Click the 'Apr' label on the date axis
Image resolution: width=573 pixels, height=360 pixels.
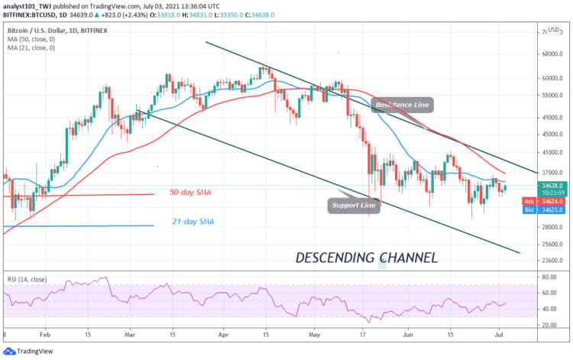click(x=222, y=334)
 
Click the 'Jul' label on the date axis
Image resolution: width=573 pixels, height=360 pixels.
click(x=497, y=334)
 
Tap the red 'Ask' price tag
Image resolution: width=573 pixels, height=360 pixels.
click(x=545, y=199)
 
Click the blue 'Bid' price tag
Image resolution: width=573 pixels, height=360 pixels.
click(x=545, y=208)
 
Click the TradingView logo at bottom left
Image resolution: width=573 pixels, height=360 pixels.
click(x=31, y=351)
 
